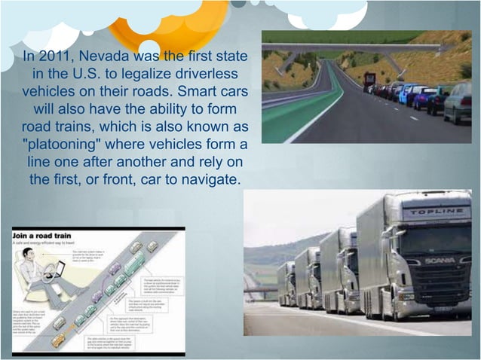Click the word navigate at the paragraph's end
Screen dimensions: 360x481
pos(211,181)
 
